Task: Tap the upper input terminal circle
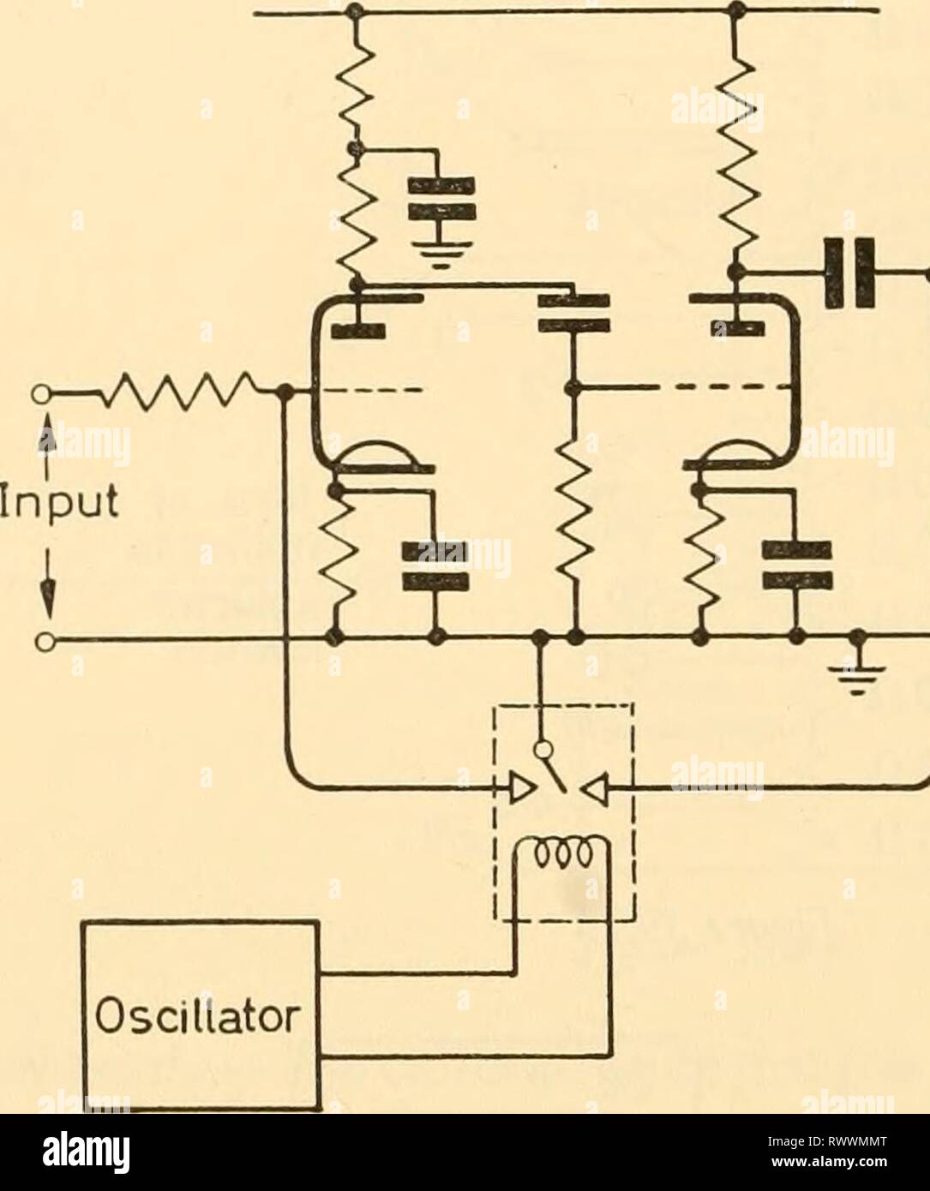click(x=39, y=393)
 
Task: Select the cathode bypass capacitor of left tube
click(x=437, y=566)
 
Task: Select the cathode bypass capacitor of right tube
click(x=797, y=565)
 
